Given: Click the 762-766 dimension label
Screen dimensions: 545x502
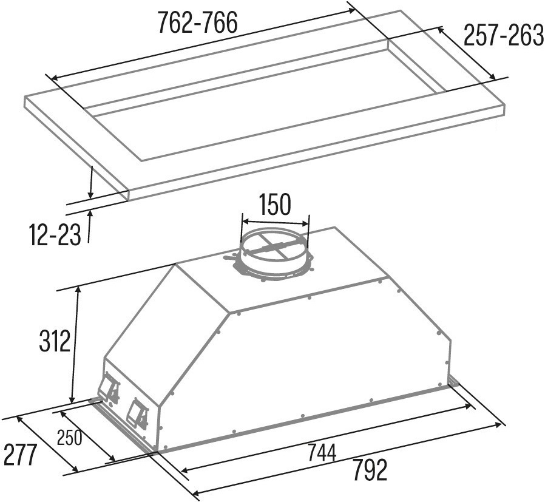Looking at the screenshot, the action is [197, 22].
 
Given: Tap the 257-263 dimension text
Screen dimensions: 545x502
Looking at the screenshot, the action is [504, 35].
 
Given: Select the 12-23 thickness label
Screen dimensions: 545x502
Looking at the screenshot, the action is [55, 235].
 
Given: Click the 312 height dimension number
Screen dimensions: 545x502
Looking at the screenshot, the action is [55, 341].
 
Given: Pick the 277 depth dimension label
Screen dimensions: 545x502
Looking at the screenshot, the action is [19, 455].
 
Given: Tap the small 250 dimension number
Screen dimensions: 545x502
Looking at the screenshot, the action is [70, 438].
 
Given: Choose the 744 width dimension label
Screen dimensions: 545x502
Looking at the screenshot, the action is [322, 453].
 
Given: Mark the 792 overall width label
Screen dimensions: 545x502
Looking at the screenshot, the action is [370, 470].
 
